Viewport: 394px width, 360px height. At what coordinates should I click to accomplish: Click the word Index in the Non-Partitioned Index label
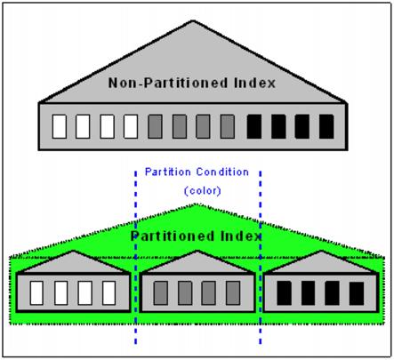(x=254, y=83)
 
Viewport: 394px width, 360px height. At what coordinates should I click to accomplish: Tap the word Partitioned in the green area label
(x=173, y=236)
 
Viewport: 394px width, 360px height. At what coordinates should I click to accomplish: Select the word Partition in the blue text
(x=168, y=172)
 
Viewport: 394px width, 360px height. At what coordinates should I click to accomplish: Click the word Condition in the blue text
(x=222, y=172)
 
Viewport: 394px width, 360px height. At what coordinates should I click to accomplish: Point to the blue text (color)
(x=203, y=190)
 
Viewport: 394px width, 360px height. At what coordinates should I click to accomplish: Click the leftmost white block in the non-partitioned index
(x=60, y=126)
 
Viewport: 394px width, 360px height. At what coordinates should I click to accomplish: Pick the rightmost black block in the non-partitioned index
(x=326, y=126)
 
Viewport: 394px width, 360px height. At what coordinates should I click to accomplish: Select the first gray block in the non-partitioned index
(x=155, y=126)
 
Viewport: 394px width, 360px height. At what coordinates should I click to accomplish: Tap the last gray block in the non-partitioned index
(x=228, y=126)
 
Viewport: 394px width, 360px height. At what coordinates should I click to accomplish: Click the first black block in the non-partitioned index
(x=254, y=126)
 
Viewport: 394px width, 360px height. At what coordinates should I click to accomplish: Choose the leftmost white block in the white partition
(x=36, y=293)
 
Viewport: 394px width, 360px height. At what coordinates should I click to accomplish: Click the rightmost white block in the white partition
(x=109, y=293)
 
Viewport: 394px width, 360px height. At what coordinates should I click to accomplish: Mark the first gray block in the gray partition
(x=161, y=293)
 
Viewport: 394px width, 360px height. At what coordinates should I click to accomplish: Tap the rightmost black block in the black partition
(x=357, y=293)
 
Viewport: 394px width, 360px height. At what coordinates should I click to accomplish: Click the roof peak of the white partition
(x=73, y=252)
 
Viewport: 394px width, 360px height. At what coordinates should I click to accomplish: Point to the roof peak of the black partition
(x=321, y=252)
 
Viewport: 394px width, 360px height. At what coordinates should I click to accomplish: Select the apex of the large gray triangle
(x=193, y=20)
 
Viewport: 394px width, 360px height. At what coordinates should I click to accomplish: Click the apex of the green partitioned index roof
(x=196, y=204)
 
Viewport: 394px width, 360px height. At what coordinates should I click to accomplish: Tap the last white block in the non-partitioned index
(x=131, y=126)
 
